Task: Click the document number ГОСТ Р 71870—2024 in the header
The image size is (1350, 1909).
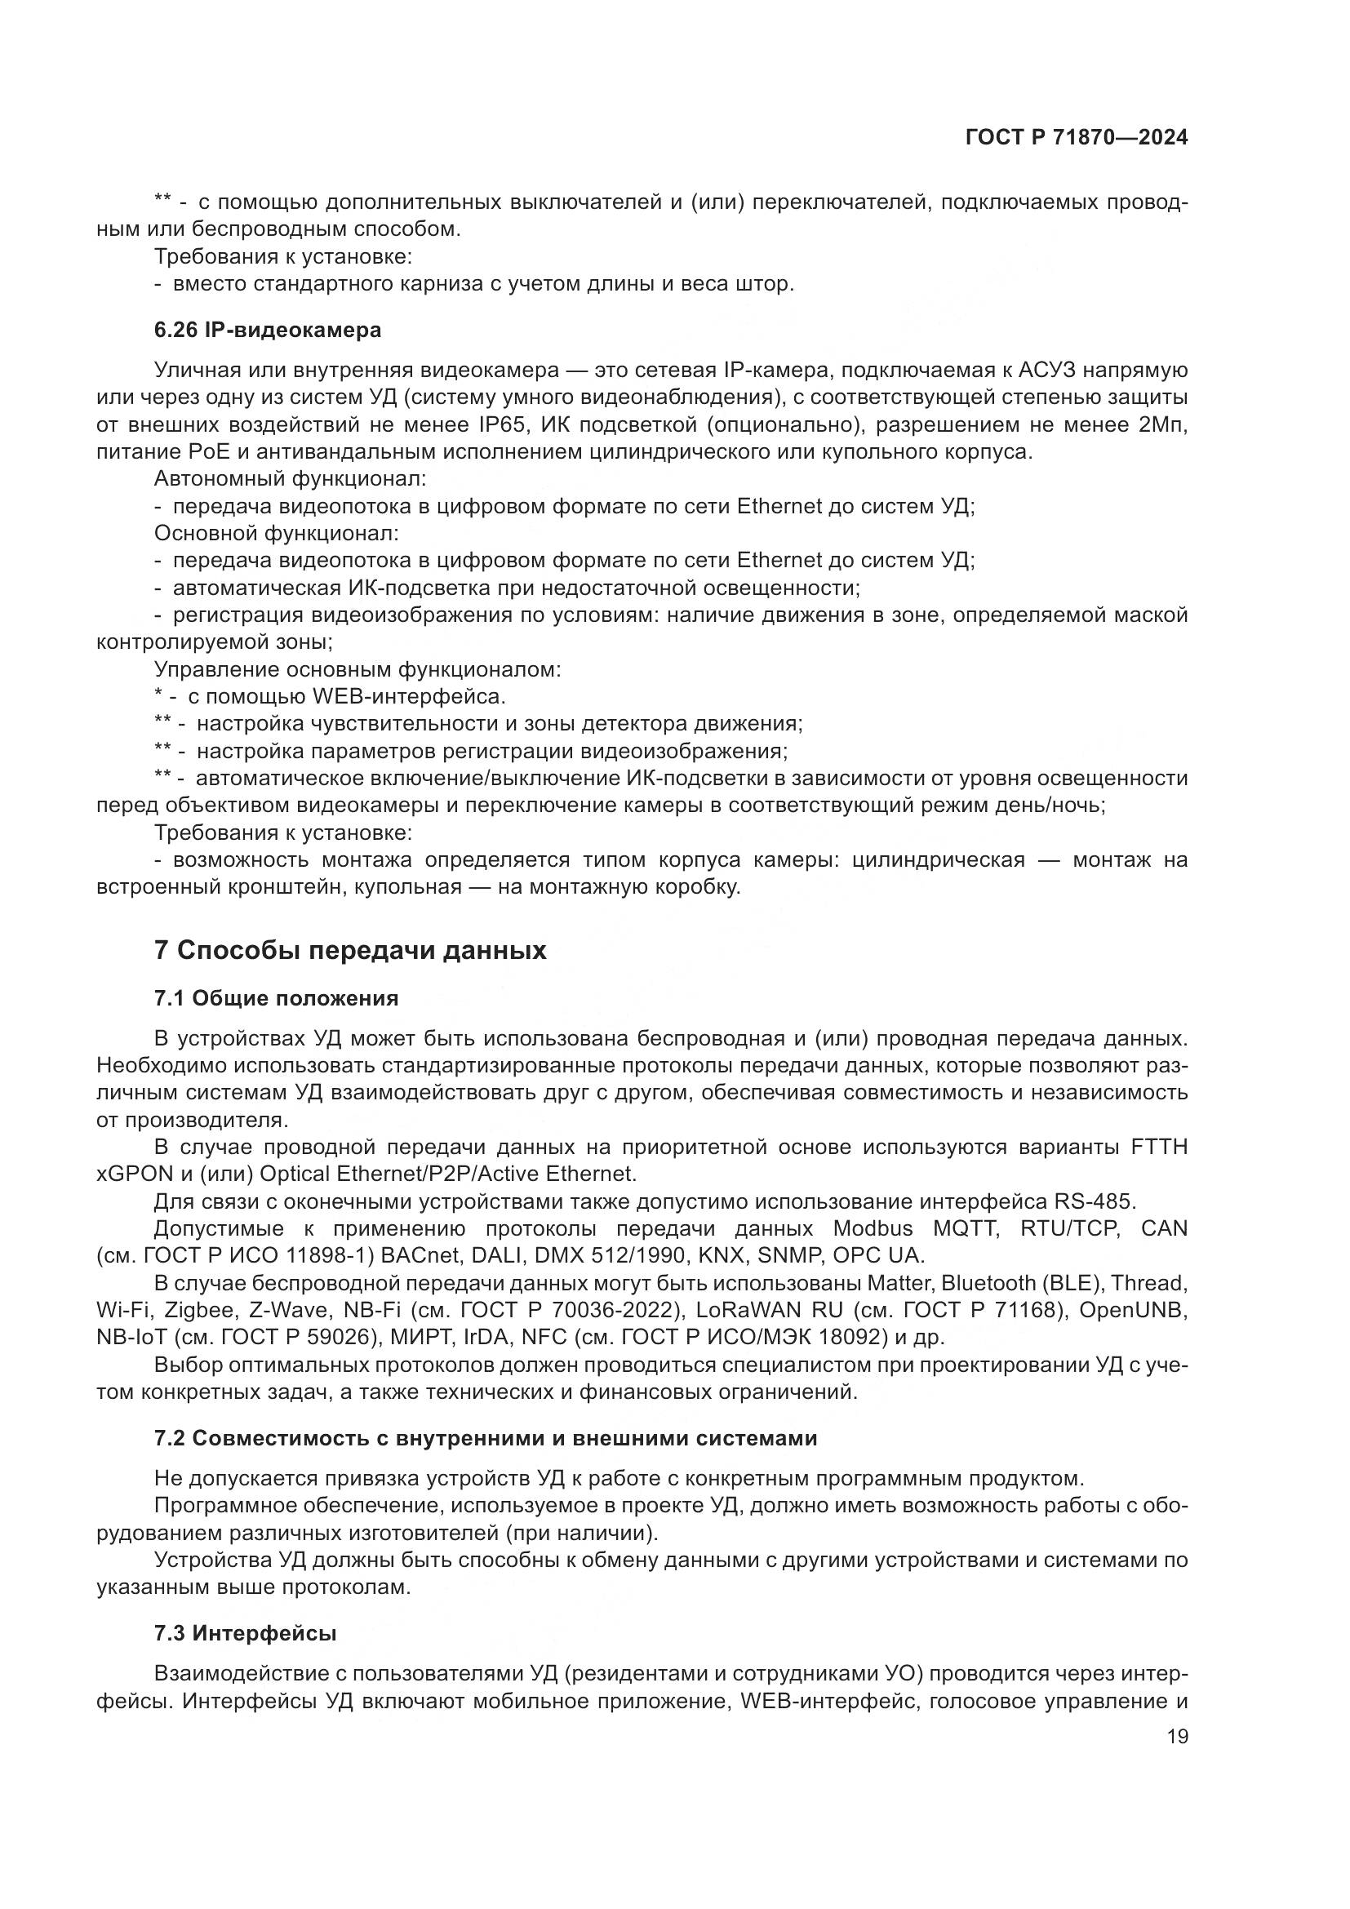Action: (1077, 138)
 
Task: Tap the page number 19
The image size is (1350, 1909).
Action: (1177, 1736)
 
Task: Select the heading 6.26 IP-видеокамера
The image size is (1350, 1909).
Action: (268, 330)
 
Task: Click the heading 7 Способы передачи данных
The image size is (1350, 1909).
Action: (350, 950)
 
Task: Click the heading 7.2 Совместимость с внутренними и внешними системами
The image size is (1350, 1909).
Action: (486, 1438)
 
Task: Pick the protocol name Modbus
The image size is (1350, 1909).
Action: (872, 1229)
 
